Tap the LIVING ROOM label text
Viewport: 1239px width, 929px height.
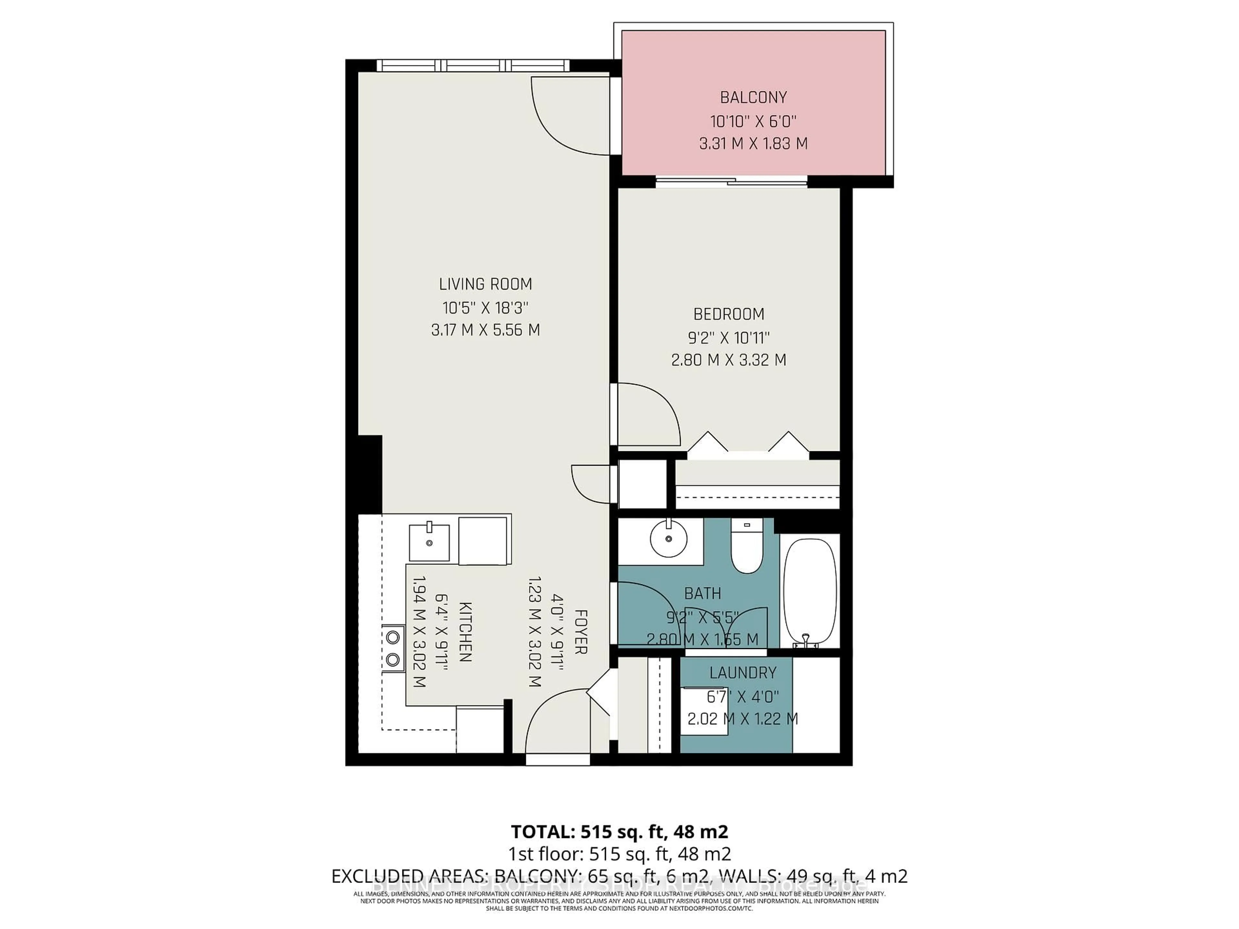tap(485, 285)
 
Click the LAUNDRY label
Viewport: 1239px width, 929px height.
tap(743, 673)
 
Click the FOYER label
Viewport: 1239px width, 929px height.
tap(580, 632)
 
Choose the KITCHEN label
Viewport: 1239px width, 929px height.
tap(465, 632)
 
